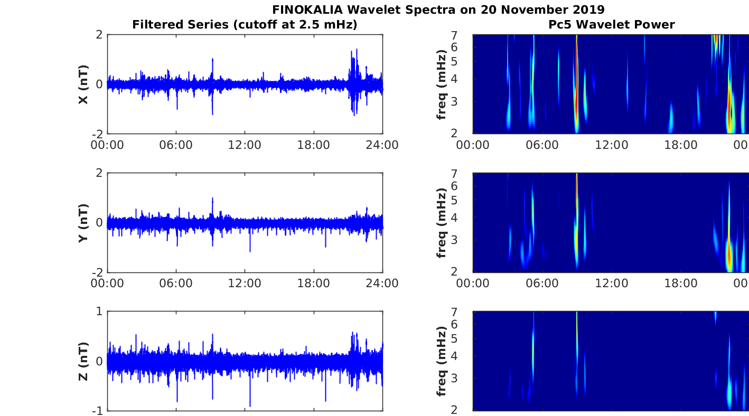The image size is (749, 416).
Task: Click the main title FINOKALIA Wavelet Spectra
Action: click(438, 10)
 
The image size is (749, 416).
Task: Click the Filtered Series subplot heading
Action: click(245, 24)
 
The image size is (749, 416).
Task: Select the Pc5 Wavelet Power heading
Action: click(611, 24)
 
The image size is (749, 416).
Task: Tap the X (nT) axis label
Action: click(83, 84)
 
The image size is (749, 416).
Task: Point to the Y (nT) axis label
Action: click(83, 223)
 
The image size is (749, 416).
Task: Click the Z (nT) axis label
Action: click(83, 362)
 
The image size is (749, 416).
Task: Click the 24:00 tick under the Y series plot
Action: click(382, 283)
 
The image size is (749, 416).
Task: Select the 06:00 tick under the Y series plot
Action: click(176, 283)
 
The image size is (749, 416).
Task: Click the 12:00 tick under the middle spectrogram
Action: click(611, 283)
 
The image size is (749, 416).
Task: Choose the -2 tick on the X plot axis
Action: click(97, 134)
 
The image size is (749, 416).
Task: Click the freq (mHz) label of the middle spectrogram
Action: click(442, 223)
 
